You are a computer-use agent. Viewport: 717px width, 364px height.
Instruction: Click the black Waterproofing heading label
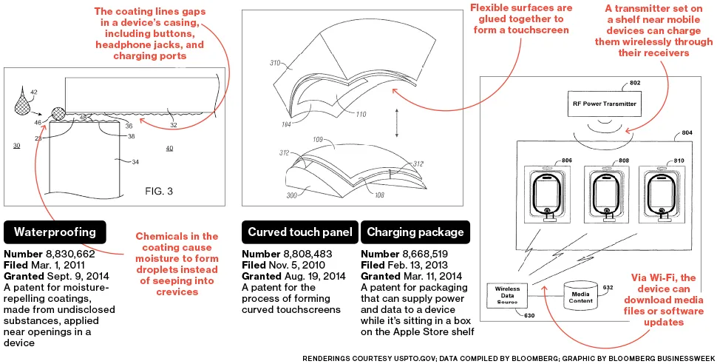click(55, 232)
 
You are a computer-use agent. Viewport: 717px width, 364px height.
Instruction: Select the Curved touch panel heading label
click(300, 232)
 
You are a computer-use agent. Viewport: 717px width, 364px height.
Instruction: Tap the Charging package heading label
click(415, 232)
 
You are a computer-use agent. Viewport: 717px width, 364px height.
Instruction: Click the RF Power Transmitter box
click(605, 104)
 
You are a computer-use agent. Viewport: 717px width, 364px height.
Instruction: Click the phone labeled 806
click(548, 192)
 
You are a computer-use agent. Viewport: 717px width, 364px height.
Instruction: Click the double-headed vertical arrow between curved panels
click(397, 123)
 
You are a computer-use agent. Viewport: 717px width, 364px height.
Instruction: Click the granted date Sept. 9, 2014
click(79, 277)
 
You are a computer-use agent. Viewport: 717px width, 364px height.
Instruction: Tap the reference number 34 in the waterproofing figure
click(135, 162)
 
